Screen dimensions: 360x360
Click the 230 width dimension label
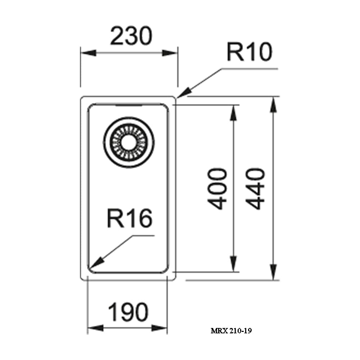click(x=131, y=36)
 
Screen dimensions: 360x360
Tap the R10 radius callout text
click(x=249, y=52)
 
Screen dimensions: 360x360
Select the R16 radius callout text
click(x=130, y=219)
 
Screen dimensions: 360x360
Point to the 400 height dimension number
click(x=217, y=189)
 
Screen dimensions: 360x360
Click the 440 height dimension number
click(x=255, y=189)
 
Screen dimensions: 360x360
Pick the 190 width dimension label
click(x=129, y=312)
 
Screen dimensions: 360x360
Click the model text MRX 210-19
click(x=231, y=330)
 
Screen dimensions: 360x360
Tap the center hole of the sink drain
click(x=129, y=142)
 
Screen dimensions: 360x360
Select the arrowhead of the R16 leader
click(x=96, y=263)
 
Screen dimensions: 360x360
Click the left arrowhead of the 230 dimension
click(x=89, y=53)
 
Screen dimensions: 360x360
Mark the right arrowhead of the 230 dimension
click(x=170, y=53)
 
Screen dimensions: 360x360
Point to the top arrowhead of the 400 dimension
click(x=234, y=113)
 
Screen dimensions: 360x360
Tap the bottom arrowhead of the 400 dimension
click(x=234, y=264)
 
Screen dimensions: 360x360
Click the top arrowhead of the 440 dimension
click(x=273, y=105)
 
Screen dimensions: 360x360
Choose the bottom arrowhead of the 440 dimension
click(x=273, y=272)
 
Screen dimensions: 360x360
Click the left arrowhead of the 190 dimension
click(x=95, y=328)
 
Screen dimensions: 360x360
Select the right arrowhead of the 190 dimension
click(x=159, y=328)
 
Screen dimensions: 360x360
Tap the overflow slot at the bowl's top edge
click(x=129, y=105)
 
